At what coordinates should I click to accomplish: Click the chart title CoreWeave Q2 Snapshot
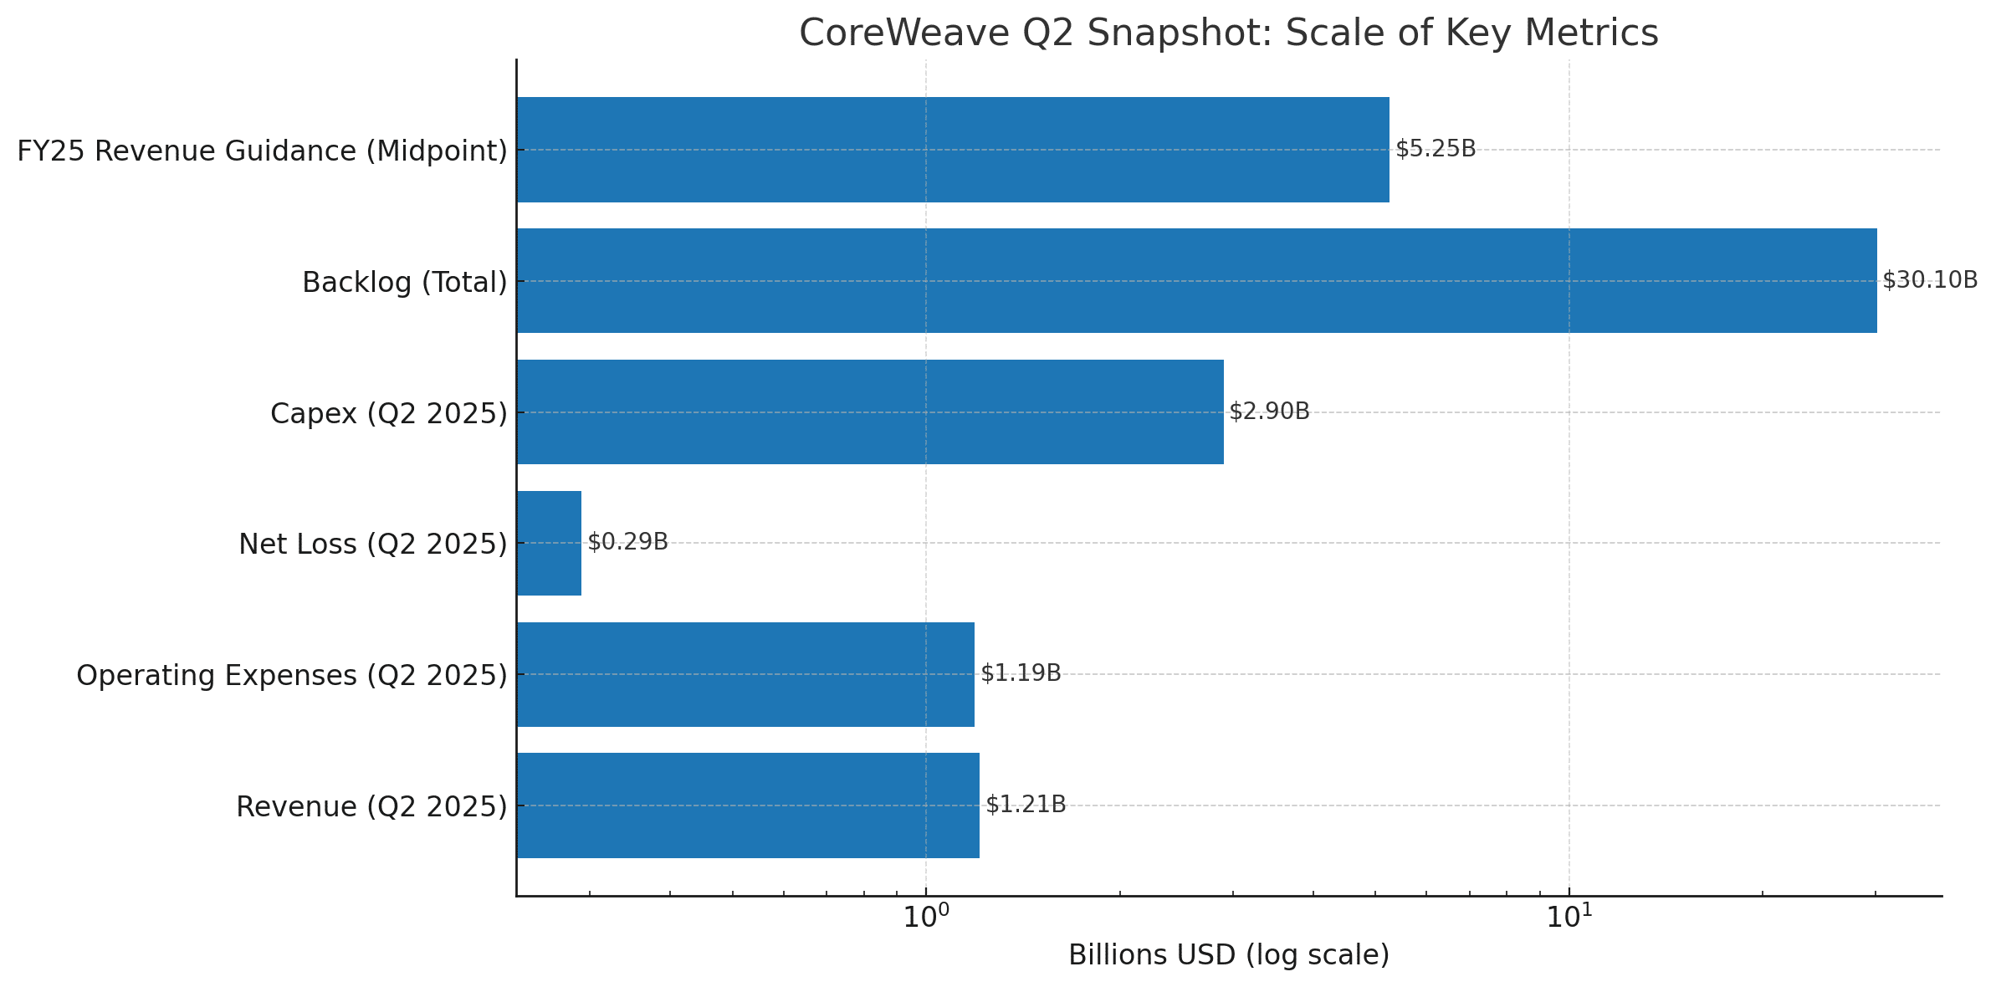pyautogui.click(x=1228, y=33)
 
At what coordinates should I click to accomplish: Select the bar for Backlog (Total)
pyautogui.click(x=1196, y=280)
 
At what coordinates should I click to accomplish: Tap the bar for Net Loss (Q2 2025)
pyautogui.click(x=550, y=543)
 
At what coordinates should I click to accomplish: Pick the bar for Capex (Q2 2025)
pyautogui.click(x=870, y=412)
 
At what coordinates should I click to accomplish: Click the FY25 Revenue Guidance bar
pyautogui.click(x=953, y=150)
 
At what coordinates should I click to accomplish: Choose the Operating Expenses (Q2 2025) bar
pyautogui.click(x=745, y=674)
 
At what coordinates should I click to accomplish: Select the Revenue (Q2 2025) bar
pyautogui.click(x=748, y=805)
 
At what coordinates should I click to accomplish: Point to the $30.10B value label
pyautogui.click(x=1930, y=280)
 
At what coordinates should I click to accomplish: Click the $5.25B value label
pyautogui.click(x=1436, y=150)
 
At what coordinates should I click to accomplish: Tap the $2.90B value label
pyautogui.click(x=1269, y=412)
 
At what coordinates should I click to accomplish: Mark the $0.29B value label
pyautogui.click(x=627, y=542)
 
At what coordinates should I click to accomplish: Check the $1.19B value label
pyautogui.click(x=1021, y=673)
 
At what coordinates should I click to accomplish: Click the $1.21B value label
pyautogui.click(x=1026, y=805)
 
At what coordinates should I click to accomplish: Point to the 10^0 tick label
pyautogui.click(x=925, y=917)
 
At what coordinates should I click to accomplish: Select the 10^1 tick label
pyautogui.click(x=1569, y=917)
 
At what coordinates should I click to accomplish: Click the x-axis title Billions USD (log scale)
pyautogui.click(x=1228, y=955)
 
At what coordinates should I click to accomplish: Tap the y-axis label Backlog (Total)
pyautogui.click(x=405, y=283)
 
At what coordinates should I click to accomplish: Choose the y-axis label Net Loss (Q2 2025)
pyautogui.click(x=373, y=545)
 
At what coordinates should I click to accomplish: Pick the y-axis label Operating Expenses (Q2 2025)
pyautogui.click(x=292, y=676)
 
